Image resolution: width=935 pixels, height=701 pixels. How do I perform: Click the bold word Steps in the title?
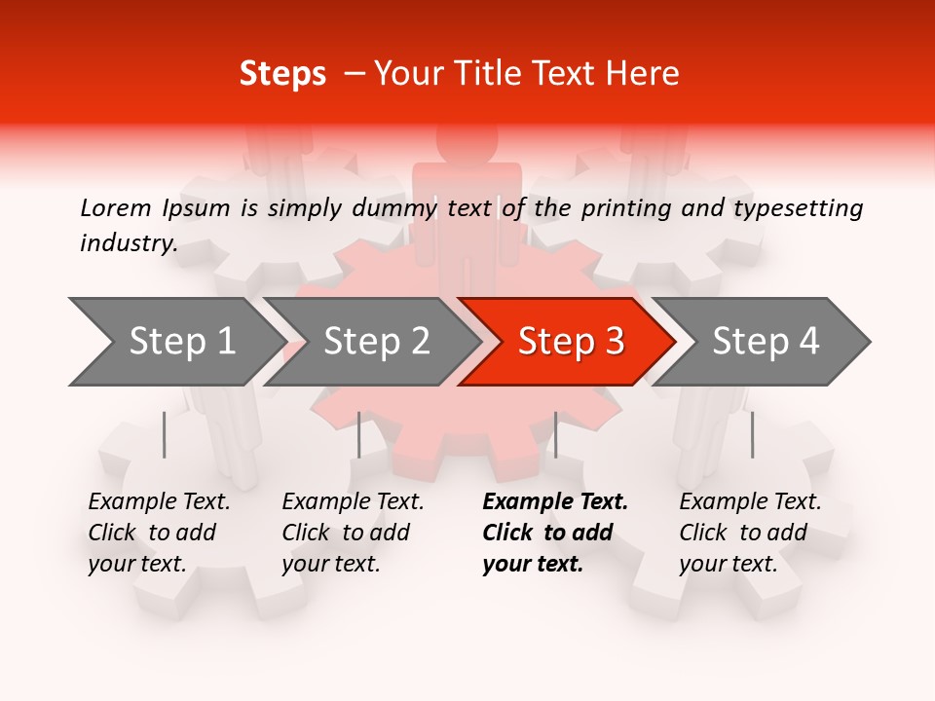pos(282,74)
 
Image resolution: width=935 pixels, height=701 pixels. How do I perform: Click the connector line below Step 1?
pos(165,434)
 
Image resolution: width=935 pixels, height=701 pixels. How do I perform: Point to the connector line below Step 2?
pos(359,434)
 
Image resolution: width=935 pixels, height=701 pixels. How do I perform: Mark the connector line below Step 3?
pos(555,434)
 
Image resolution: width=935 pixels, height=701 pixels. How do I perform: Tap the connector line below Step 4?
pos(752,434)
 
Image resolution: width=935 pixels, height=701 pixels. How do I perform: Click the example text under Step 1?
pos(159,533)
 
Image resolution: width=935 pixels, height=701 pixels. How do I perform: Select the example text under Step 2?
pos(353,533)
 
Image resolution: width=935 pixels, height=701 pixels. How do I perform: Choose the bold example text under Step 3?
pos(554,533)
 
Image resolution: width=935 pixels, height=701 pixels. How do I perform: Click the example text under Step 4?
pos(750,533)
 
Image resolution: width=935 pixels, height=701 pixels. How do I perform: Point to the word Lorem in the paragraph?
pos(116,207)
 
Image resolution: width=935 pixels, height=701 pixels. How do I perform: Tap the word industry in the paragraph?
pos(128,243)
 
